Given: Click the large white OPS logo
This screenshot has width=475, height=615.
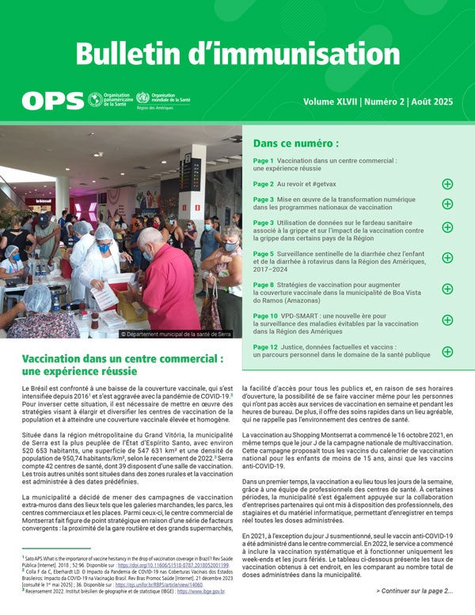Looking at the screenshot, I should [52, 101].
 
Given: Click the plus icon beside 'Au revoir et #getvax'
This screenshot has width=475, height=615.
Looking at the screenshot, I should [447, 184].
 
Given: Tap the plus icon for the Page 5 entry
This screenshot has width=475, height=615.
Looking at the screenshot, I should [447, 258].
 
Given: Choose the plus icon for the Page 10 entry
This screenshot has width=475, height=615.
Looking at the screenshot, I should [447, 320].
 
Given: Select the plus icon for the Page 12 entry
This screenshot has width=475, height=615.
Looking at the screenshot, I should [447, 351].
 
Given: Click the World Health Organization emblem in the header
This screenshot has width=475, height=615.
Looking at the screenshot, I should [142, 98].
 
